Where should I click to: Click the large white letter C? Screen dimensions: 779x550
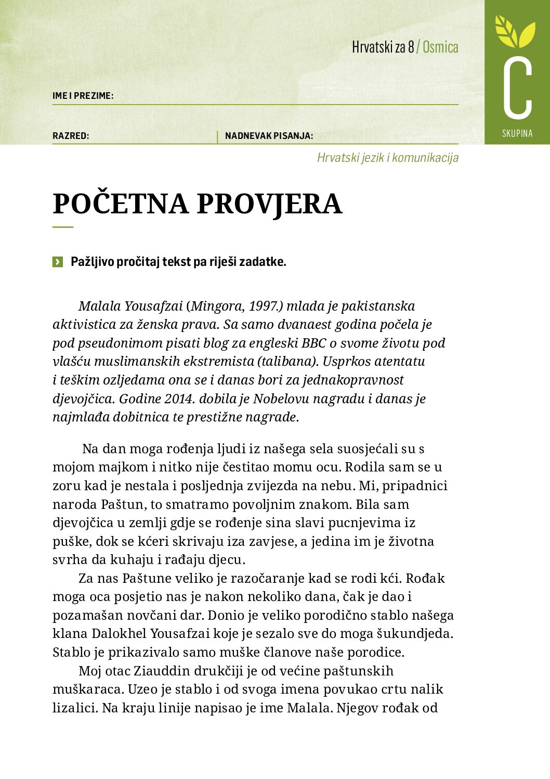coord(517,87)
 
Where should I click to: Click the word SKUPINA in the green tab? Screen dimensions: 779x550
coord(517,133)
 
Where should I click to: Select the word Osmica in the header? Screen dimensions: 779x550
coord(440,47)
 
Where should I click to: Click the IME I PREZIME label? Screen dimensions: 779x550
coord(83,96)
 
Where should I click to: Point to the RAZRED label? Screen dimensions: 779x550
coord(71,136)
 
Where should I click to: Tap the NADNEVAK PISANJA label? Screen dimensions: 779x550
coord(269,136)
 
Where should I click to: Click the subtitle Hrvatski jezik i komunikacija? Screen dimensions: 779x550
coord(388,158)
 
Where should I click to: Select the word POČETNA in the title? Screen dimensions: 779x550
coord(121,203)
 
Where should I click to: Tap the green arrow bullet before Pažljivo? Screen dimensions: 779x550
coord(58,262)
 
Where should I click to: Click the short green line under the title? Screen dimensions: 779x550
coord(63,227)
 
